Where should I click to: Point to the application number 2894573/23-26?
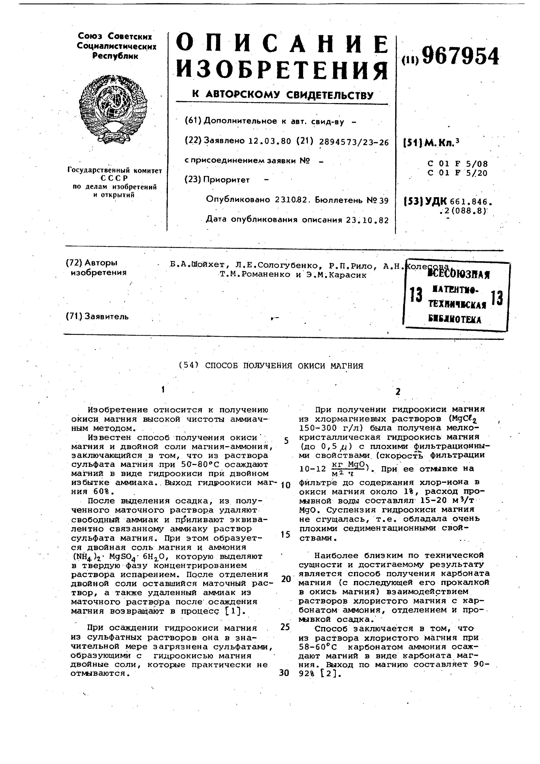click(x=354, y=142)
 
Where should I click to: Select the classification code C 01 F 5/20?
click(x=457, y=173)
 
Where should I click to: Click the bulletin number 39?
click(x=384, y=200)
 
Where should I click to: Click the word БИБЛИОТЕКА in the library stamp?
click(x=455, y=320)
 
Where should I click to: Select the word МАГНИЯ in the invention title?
click(x=346, y=366)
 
